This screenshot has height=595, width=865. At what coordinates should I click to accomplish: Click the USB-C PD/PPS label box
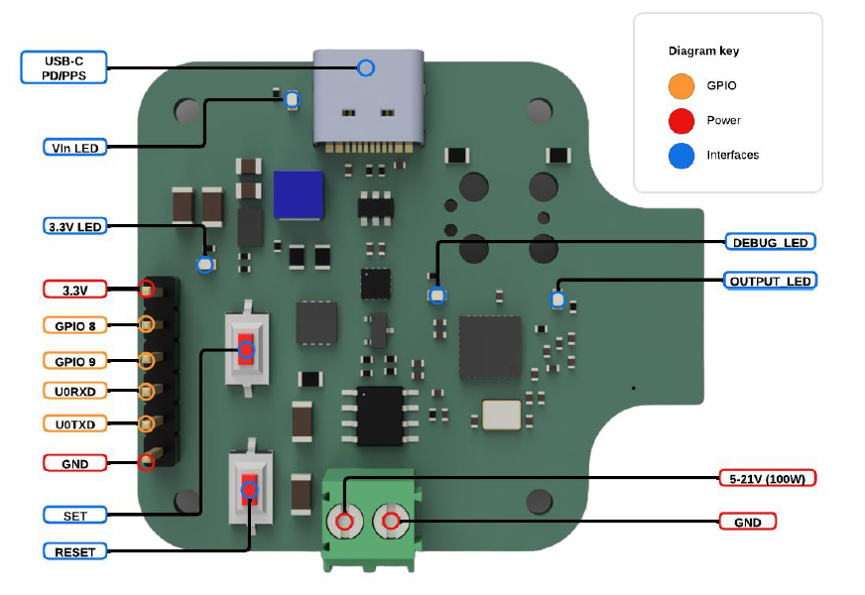(x=62, y=67)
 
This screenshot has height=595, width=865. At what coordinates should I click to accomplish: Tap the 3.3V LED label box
(x=75, y=226)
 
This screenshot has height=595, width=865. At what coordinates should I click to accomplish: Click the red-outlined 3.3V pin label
(x=75, y=290)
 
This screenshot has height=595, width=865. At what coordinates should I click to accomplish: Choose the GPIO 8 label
(x=75, y=324)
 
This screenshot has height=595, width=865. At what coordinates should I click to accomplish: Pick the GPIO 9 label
(x=75, y=360)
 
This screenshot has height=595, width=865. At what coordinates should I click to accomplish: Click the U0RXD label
(x=75, y=391)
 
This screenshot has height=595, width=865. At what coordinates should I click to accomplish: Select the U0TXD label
(x=75, y=424)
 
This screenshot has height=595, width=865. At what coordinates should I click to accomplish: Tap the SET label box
(x=75, y=515)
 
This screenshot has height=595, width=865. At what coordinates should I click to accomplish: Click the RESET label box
(x=75, y=550)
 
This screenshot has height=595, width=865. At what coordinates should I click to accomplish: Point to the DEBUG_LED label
(x=770, y=242)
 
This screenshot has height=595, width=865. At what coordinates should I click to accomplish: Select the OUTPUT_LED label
(x=770, y=281)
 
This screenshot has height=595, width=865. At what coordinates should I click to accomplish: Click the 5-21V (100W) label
(x=770, y=479)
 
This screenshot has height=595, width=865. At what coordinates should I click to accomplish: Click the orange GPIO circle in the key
(x=681, y=86)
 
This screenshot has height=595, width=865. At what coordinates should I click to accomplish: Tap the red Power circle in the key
(x=681, y=121)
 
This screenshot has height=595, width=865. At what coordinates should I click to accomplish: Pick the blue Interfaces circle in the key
(x=681, y=155)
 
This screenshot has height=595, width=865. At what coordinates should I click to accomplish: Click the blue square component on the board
(x=299, y=194)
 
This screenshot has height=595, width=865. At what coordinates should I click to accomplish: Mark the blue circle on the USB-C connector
(x=365, y=67)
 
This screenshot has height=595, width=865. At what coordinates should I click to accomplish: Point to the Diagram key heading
(x=703, y=51)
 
